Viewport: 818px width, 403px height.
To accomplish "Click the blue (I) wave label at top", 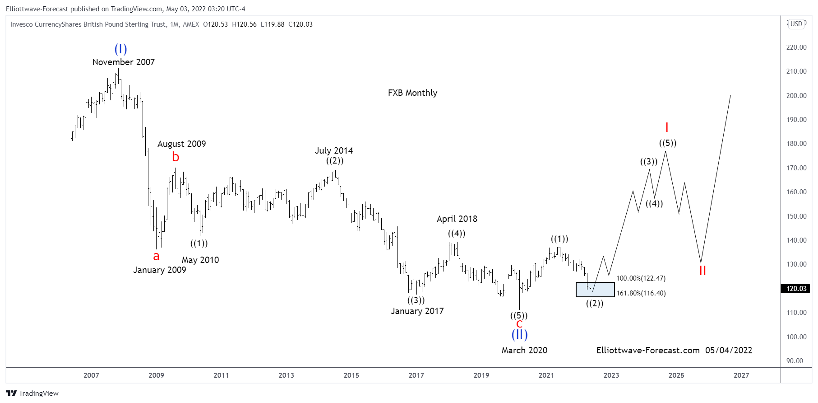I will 120,49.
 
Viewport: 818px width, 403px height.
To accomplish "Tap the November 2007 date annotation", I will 123,62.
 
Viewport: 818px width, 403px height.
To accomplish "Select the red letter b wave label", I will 176,157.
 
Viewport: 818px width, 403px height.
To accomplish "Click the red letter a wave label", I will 156,256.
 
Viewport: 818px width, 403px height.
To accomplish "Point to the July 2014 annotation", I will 333,150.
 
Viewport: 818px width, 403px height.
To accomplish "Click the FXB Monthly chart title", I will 412,93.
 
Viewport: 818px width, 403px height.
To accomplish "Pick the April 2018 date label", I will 457,219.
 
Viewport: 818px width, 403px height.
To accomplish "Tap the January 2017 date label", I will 417,311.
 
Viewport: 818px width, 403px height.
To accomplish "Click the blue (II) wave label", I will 519,335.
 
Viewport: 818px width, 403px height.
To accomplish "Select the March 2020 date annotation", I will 524,350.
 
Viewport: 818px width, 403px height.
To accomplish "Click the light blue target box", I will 595,290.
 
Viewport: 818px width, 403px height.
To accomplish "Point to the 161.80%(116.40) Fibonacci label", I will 641,293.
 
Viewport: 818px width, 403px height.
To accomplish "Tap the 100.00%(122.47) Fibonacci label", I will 641,278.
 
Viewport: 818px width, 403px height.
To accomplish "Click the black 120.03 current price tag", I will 796,289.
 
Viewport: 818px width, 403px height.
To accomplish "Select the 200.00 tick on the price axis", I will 796,96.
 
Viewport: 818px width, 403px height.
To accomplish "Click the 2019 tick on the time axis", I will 481,375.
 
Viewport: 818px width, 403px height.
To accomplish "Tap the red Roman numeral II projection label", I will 702,271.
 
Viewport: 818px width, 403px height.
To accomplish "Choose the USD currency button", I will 796,24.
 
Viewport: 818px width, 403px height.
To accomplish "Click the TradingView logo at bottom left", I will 32,393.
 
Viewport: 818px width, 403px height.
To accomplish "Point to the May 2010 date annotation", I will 200,260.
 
